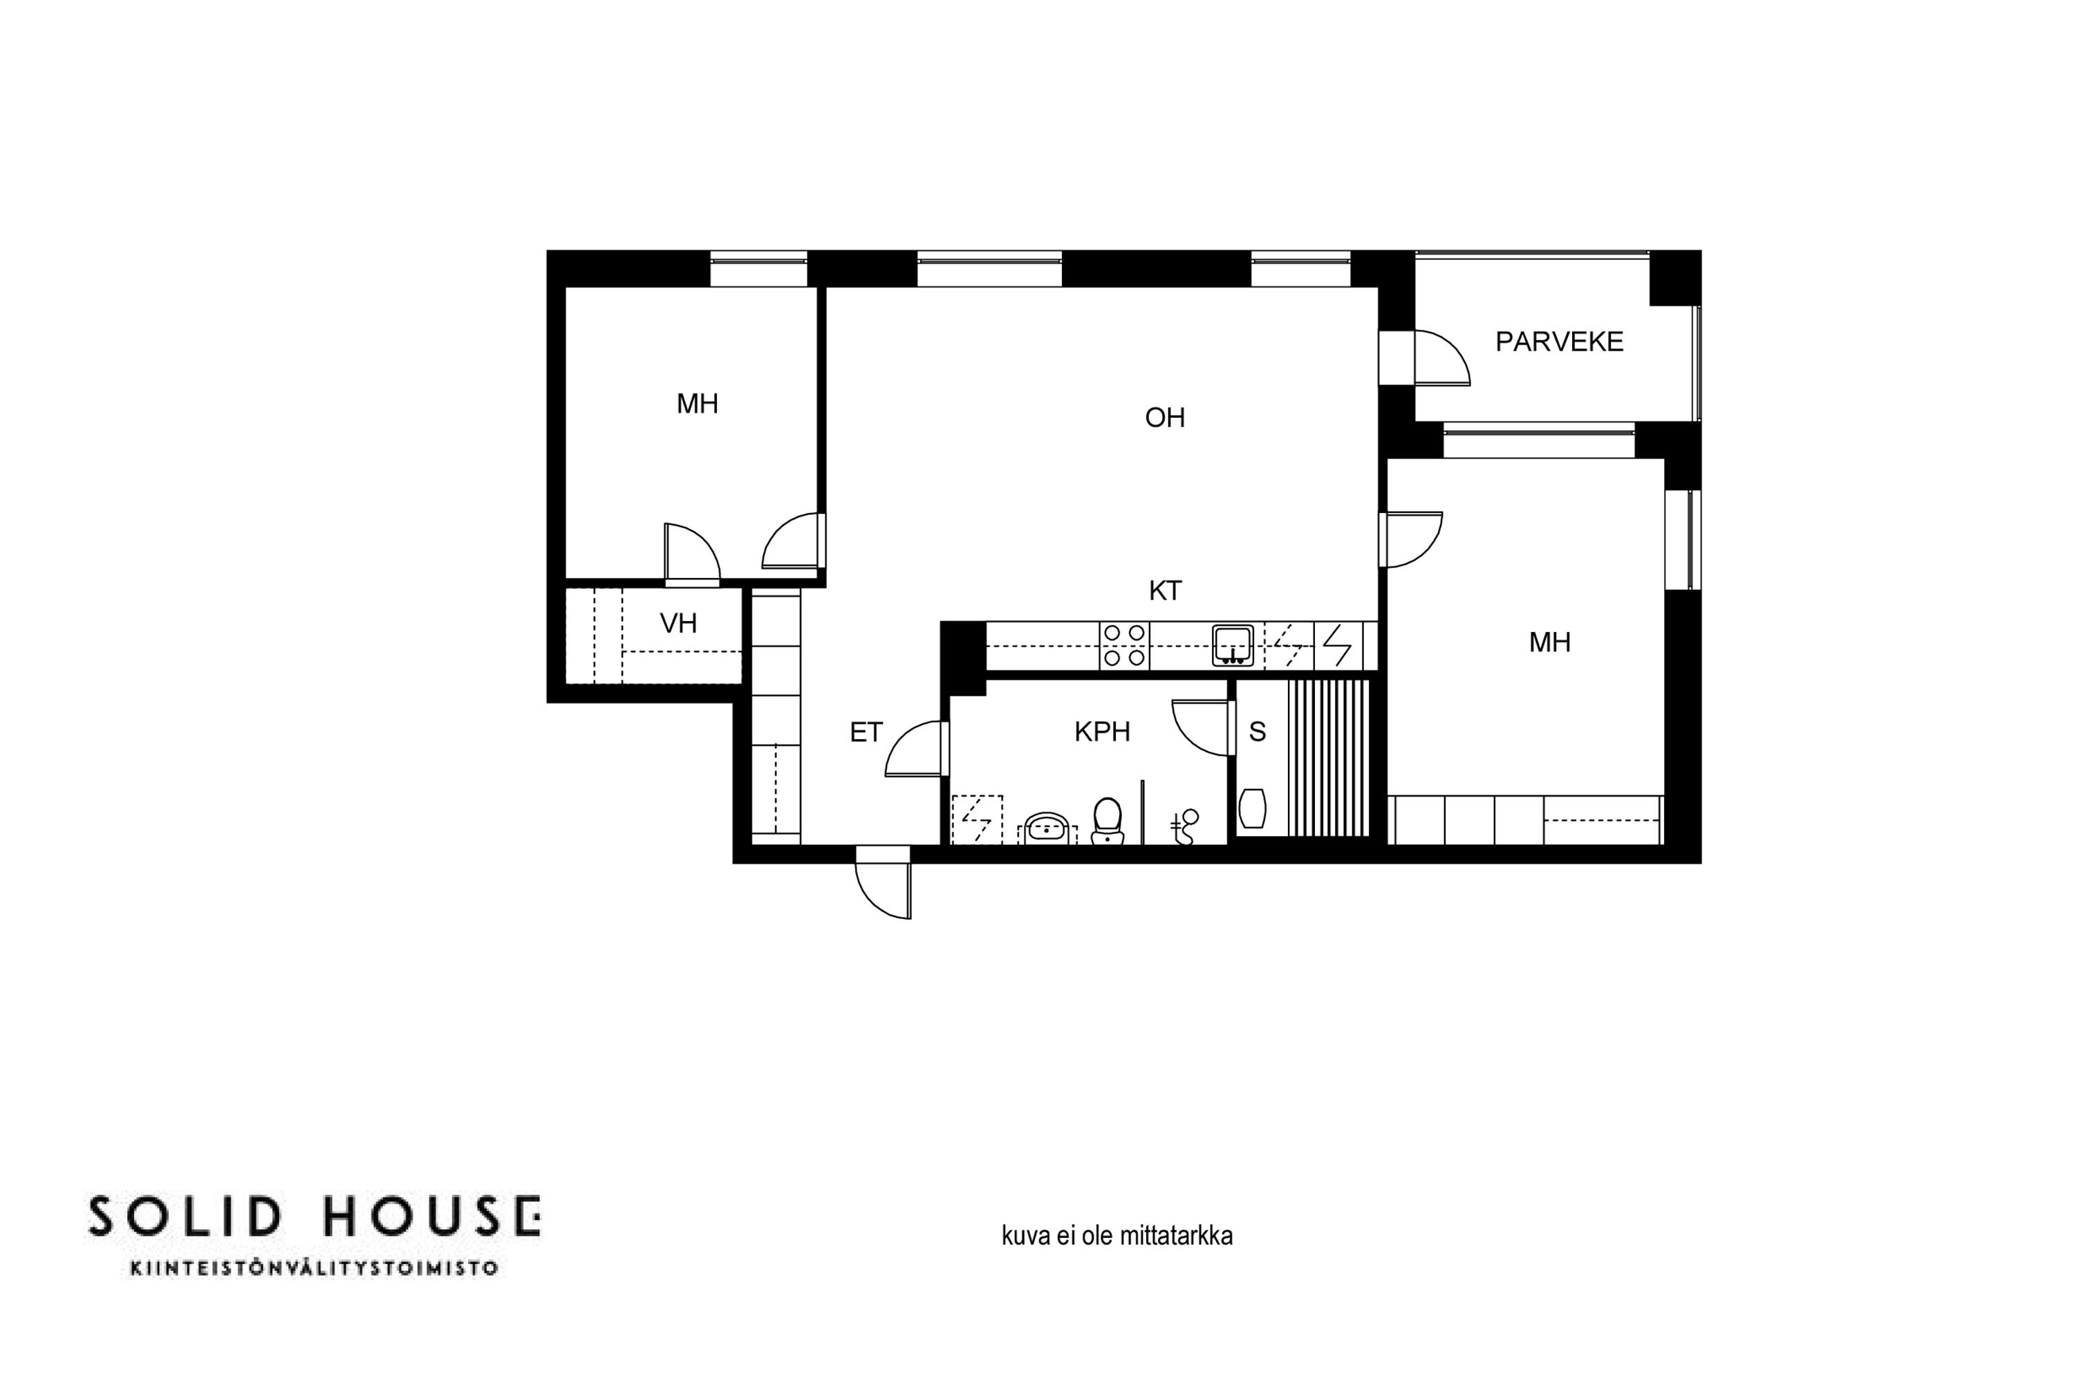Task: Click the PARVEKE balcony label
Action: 1559,342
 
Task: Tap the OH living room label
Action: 1165,417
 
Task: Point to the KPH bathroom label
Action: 1102,731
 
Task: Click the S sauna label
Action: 1258,731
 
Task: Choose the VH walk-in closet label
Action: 678,624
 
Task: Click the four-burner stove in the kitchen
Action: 1124,646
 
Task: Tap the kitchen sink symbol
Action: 1233,646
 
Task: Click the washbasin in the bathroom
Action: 1047,828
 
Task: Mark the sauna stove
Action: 1252,808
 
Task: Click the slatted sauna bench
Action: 1328,758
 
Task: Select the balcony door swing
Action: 1441,358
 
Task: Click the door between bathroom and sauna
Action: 1200,727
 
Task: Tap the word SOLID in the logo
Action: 185,1217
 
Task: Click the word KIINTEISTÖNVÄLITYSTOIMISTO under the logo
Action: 314,1268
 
